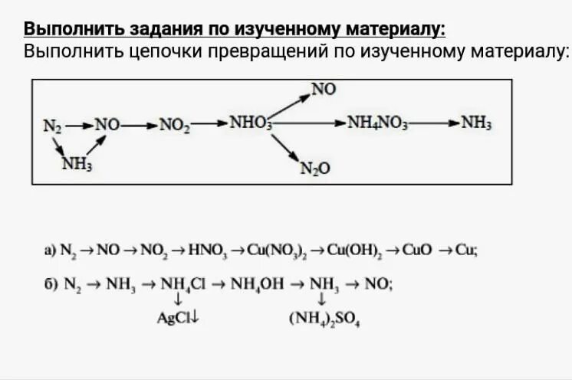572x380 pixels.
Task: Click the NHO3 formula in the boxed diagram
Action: tap(250, 123)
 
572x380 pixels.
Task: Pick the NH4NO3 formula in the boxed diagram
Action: tap(378, 123)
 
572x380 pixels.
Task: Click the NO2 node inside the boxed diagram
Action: tap(174, 123)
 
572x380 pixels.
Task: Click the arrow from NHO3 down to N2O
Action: tap(283, 146)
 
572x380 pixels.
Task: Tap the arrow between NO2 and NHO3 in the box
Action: tap(209, 123)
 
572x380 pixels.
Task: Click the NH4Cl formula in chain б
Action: tap(181, 283)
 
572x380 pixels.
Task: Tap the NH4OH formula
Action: tap(254, 283)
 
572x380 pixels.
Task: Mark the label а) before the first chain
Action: tap(50, 250)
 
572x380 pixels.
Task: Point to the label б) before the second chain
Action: tap(50, 283)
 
